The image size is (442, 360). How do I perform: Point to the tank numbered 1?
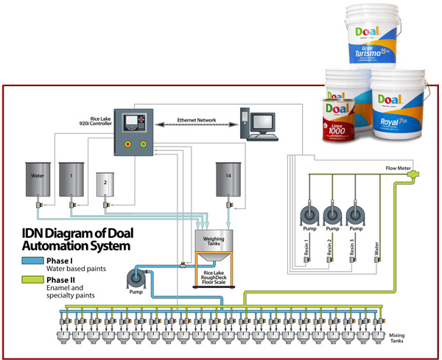coord(72,179)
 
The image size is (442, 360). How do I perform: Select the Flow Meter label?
coord(399,169)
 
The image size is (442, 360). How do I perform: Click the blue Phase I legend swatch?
coord(32,261)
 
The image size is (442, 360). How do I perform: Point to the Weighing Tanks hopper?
coord(213,244)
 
